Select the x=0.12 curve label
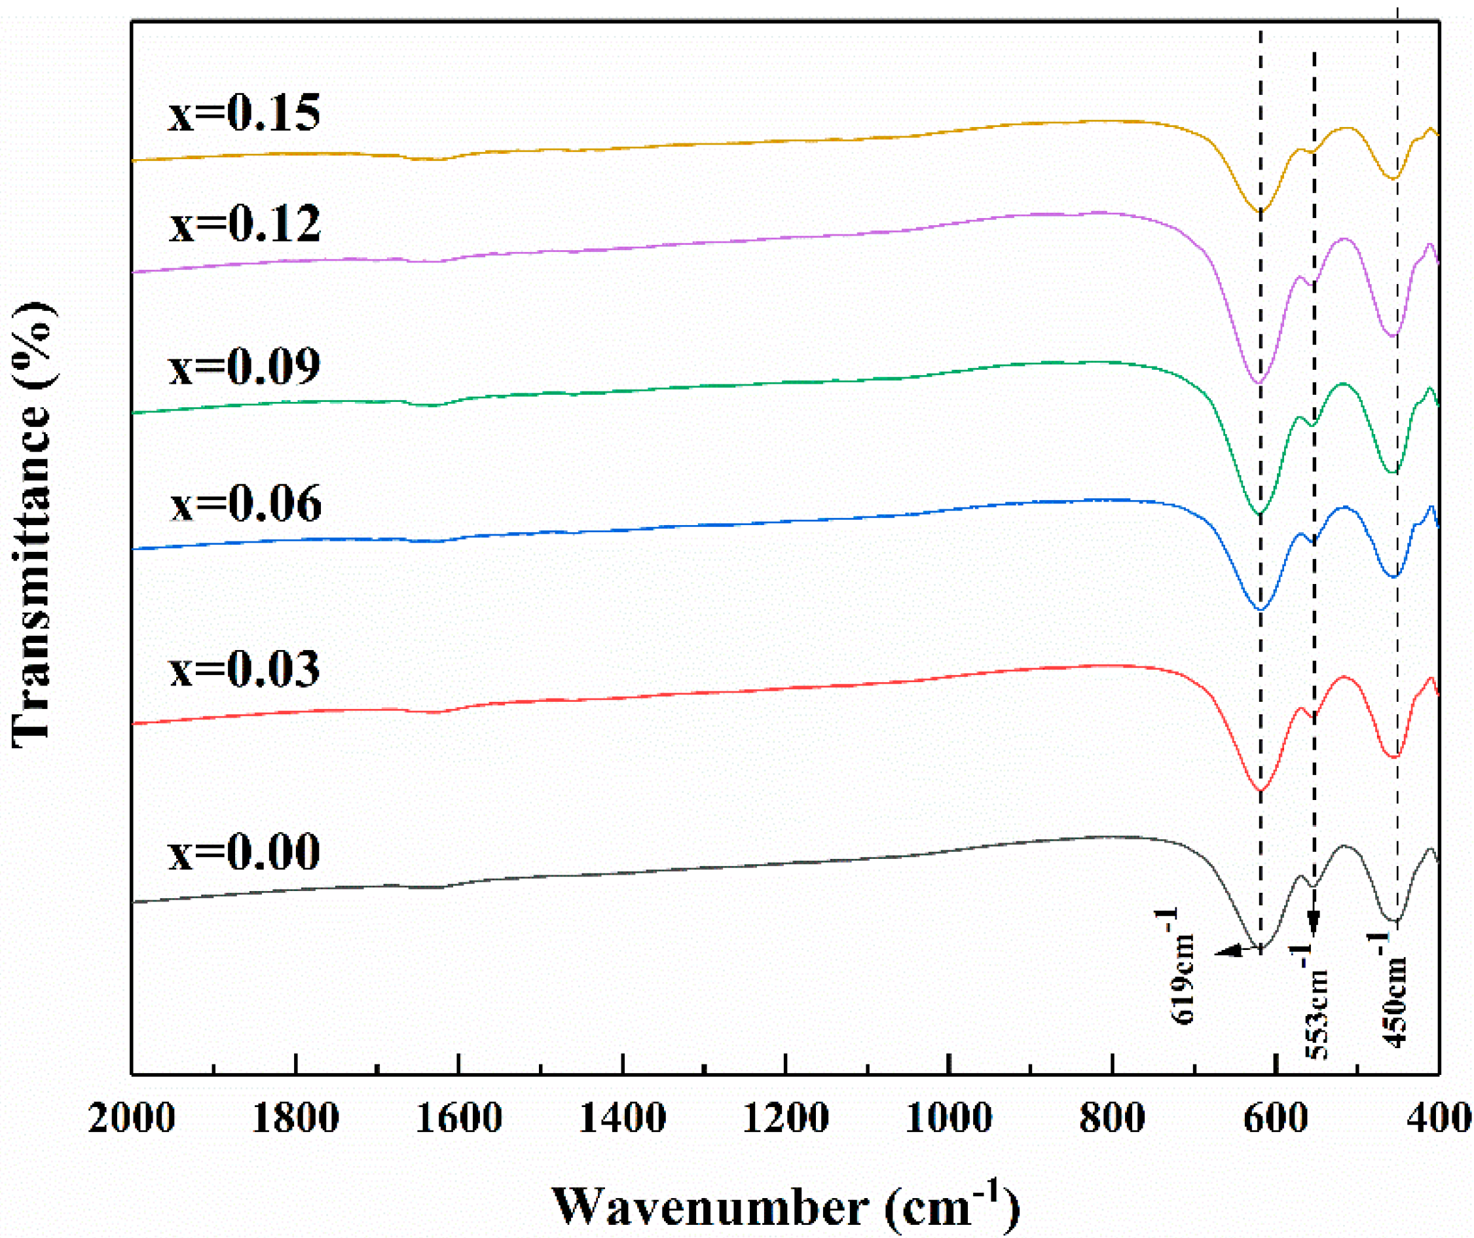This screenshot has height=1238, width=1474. [x=244, y=224]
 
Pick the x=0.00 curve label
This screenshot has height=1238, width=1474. [x=244, y=851]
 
